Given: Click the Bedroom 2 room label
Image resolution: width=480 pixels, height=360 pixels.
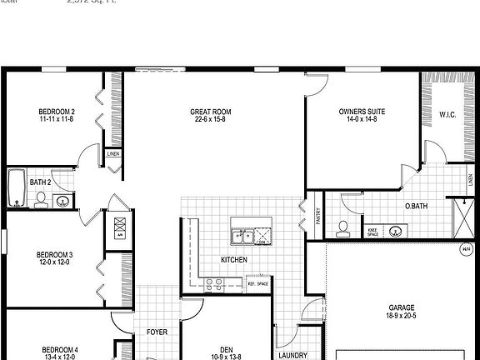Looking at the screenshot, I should (57, 112).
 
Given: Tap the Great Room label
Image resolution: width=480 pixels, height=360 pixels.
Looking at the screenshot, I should (211, 112).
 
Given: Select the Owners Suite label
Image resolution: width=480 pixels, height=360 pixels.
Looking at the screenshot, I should (362, 112).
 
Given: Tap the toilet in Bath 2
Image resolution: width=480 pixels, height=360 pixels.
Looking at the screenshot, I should (40, 198).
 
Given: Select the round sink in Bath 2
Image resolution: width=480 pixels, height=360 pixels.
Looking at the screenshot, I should (62, 200).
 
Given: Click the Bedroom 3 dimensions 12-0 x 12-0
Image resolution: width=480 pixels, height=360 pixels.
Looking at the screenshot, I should (53, 262).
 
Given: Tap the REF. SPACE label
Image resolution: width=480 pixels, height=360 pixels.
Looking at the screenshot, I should (257, 284).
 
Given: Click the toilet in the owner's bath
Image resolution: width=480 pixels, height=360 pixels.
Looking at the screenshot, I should (342, 227).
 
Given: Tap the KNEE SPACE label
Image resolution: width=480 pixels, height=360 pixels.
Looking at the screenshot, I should (372, 232).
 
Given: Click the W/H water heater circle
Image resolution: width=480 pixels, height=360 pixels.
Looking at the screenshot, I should (465, 248).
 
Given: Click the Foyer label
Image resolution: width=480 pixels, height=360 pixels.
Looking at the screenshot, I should (157, 332).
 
